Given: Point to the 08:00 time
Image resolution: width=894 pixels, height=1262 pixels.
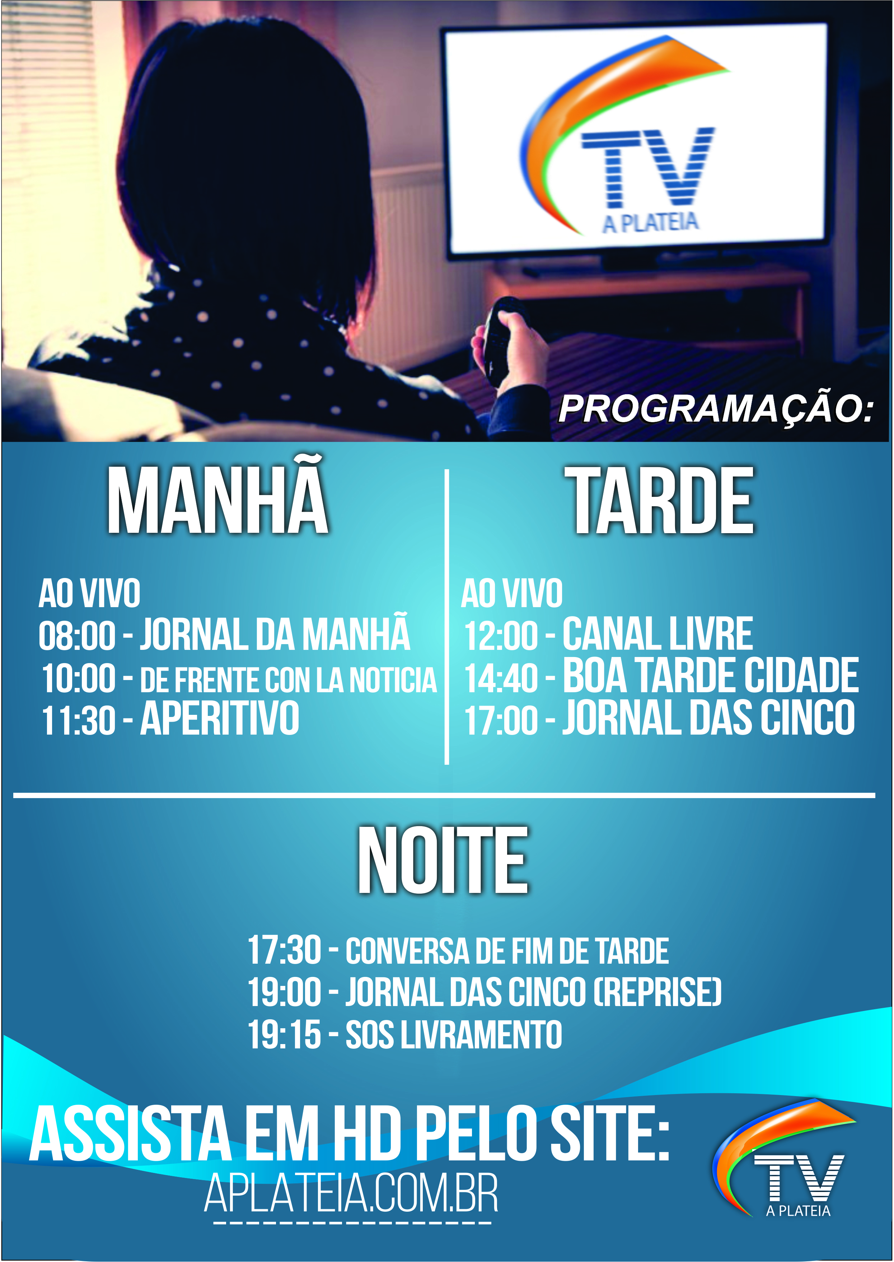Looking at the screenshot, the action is coord(77,636).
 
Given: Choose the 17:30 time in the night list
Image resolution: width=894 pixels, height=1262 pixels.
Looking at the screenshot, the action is coord(284,950).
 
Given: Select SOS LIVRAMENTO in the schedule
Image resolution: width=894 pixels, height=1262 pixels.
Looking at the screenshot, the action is coord(454,1035).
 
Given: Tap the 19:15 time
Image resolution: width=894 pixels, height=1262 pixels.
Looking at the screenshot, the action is coord(284,1035).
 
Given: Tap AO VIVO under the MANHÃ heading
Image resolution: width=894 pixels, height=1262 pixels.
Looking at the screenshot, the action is coord(89,593).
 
